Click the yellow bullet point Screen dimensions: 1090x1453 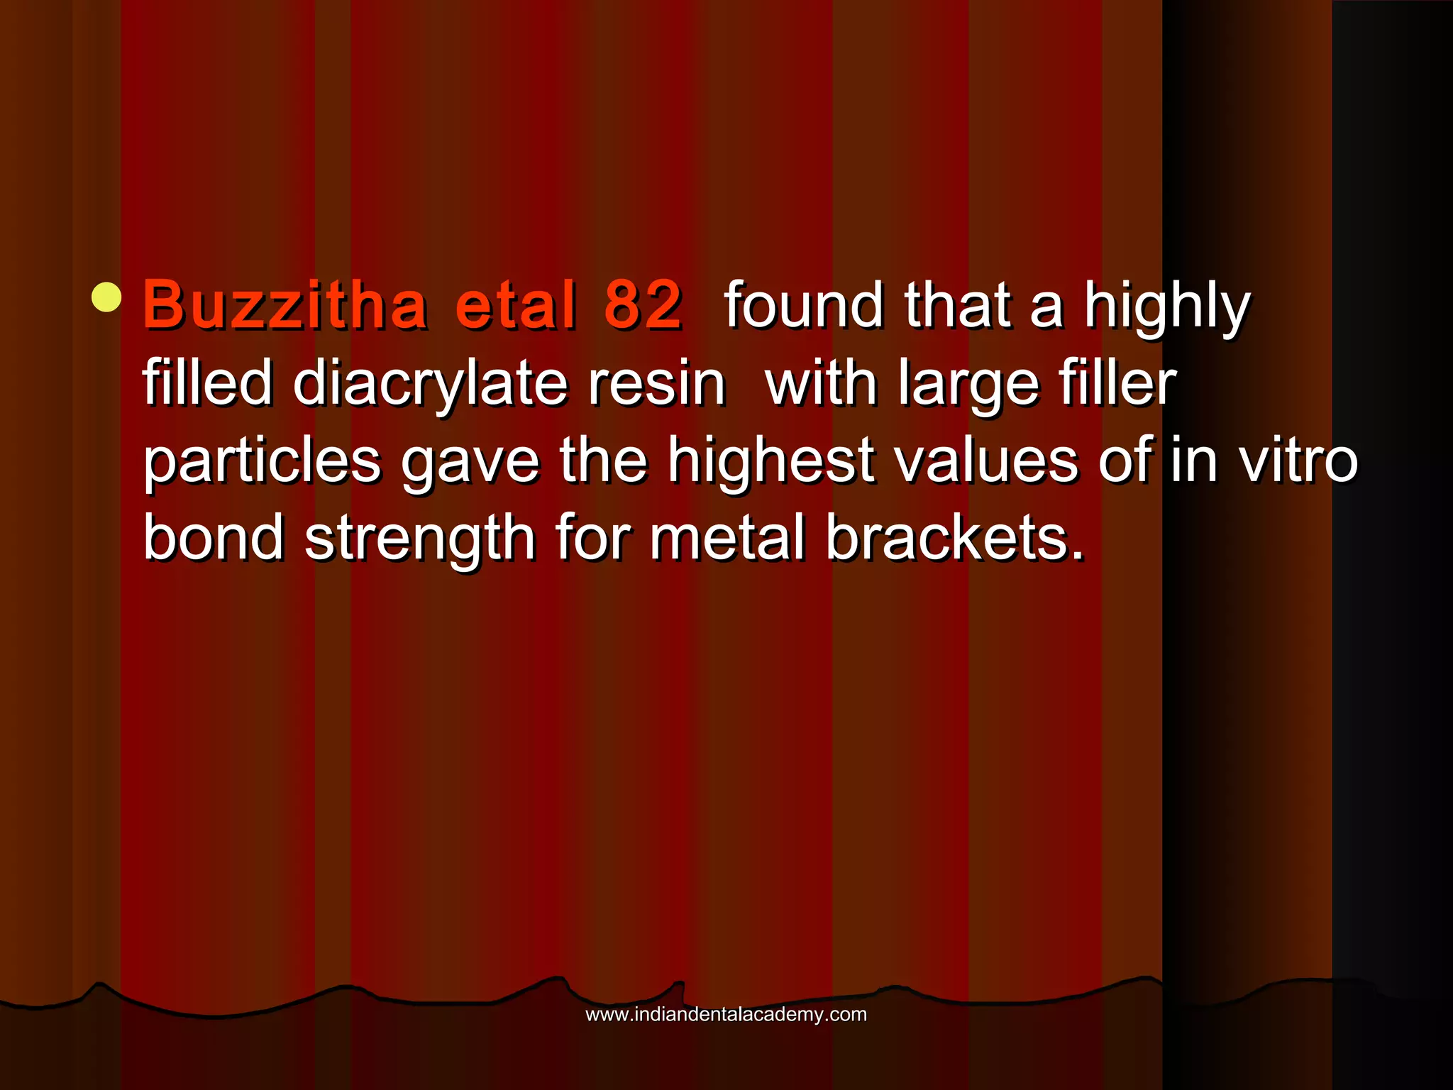tap(106, 297)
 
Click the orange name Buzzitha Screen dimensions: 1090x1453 tap(284, 306)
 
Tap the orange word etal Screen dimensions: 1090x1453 tap(516, 306)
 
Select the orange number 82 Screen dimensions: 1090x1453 tap(643, 306)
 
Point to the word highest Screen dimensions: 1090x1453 tap(770, 461)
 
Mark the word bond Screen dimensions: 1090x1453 tap(214, 538)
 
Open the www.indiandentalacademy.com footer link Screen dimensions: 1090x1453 tap(726, 1015)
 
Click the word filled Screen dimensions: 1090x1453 tap(207, 384)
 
